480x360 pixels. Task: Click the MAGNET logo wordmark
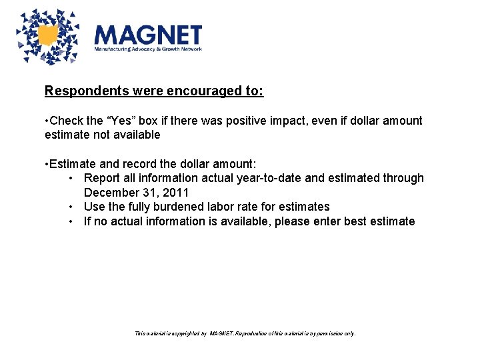pyautogui.click(x=147, y=35)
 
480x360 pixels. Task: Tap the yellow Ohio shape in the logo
pyautogui.click(x=48, y=36)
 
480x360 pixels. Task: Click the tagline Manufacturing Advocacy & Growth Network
pyautogui.click(x=147, y=49)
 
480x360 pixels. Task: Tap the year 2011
pyautogui.click(x=176, y=193)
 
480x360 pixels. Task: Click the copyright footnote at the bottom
pyautogui.click(x=245, y=333)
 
